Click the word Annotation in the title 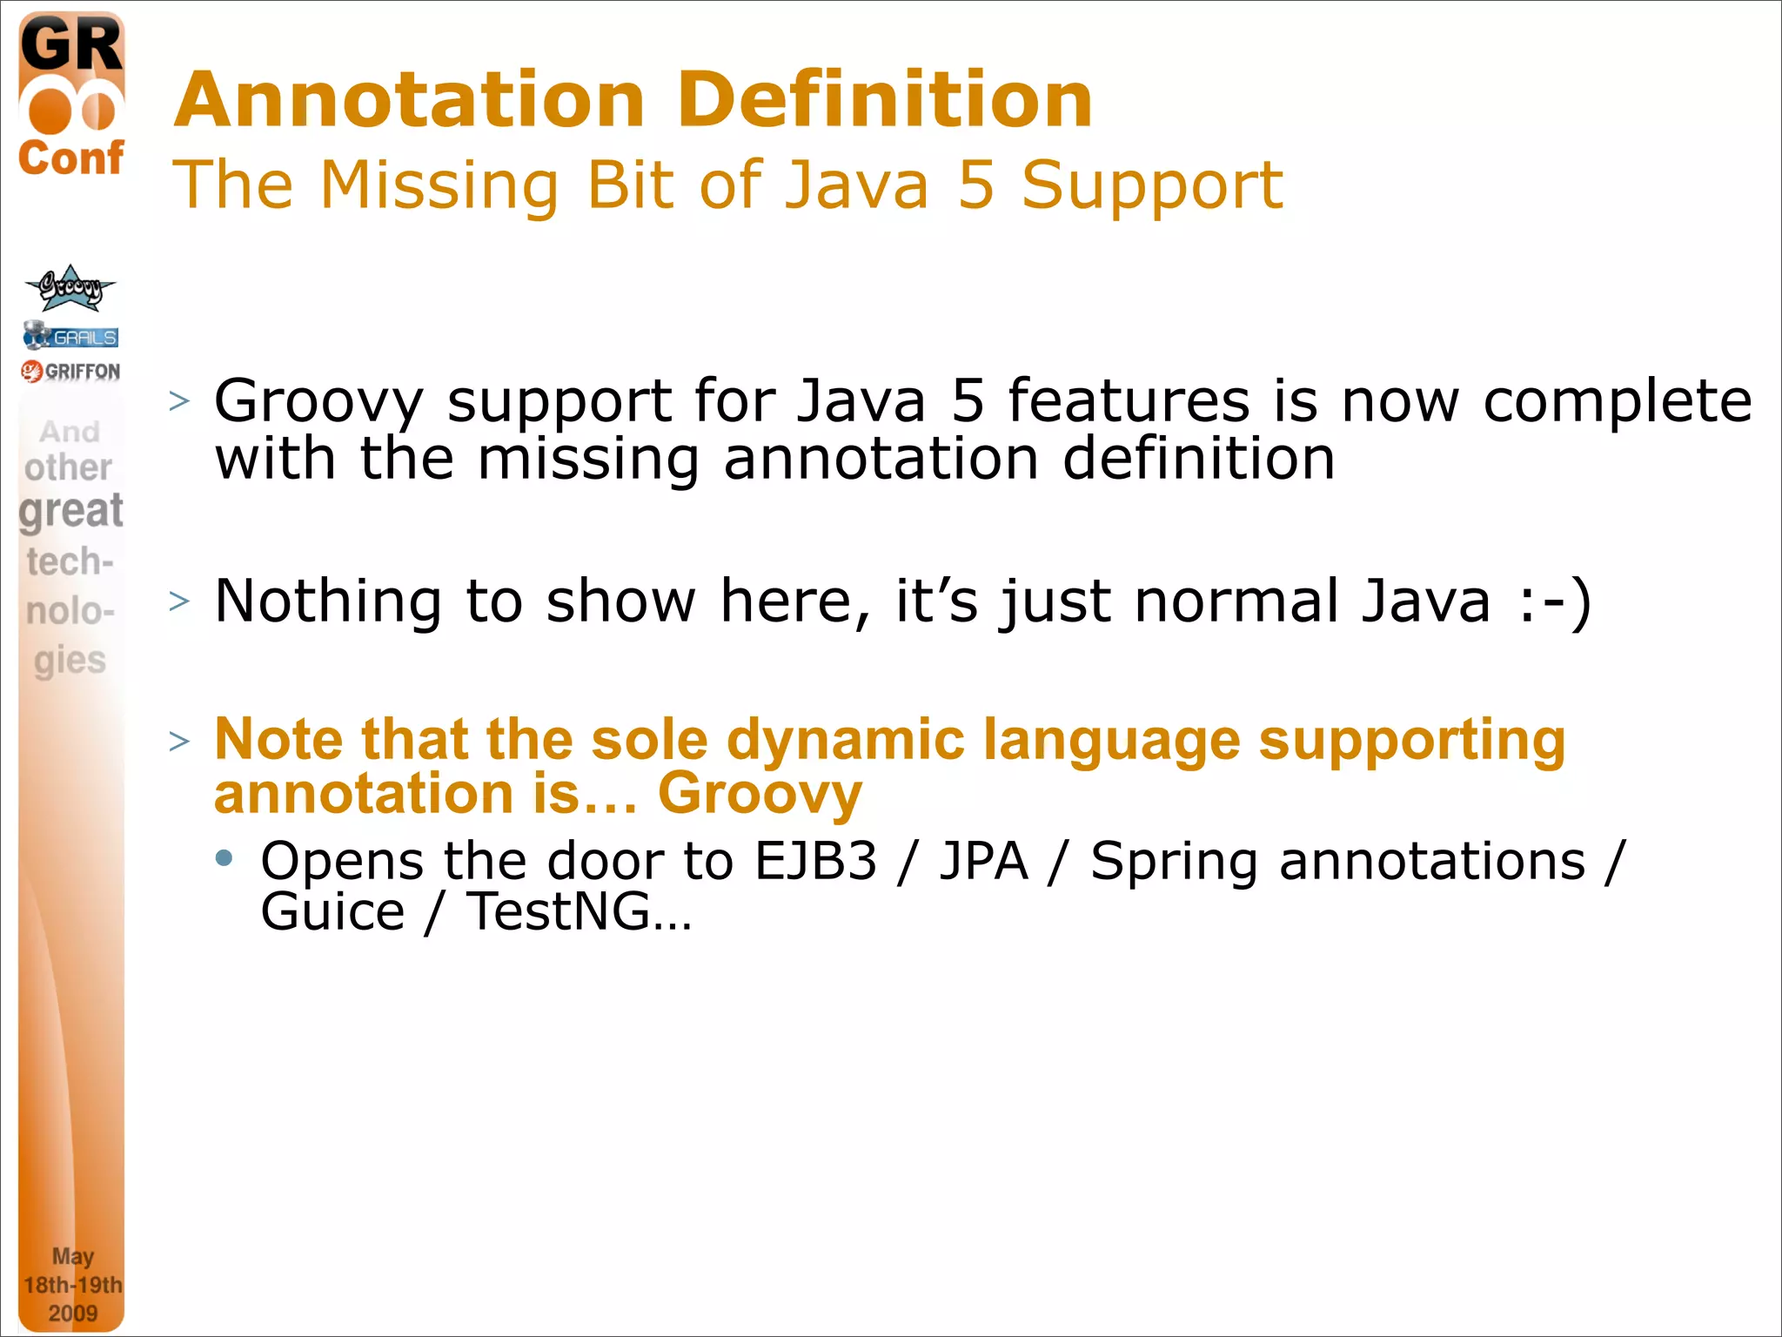(x=409, y=100)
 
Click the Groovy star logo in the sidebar (x=70, y=288)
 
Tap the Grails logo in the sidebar (x=70, y=336)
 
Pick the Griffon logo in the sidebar (x=70, y=372)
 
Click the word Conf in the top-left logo (x=71, y=158)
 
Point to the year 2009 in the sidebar (x=72, y=1313)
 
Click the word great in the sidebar (x=71, y=511)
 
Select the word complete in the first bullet (x=1617, y=402)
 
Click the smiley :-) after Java (x=1555, y=601)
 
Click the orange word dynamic (x=845, y=740)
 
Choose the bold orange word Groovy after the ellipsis (x=760, y=795)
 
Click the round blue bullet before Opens (x=224, y=859)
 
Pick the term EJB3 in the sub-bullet (x=815, y=862)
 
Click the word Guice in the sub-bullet (x=332, y=912)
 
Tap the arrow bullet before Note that (x=179, y=742)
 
